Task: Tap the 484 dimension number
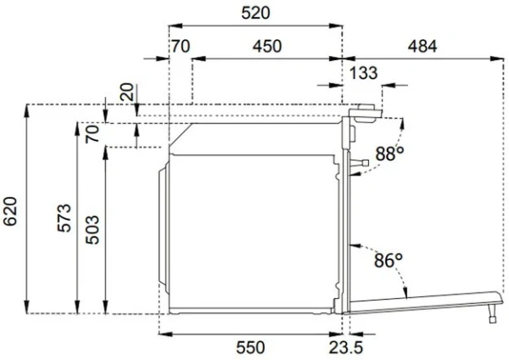(422, 47)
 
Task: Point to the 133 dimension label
(363, 74)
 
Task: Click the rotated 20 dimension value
(126, 93)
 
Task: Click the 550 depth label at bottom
(250, 347)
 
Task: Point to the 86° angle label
(387, 262)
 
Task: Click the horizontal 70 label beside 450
(180, 47)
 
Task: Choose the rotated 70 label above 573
(92, 133)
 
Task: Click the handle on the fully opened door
(492, 315)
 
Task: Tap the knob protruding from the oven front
(361, 161)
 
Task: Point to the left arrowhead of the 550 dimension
(162, 334)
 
